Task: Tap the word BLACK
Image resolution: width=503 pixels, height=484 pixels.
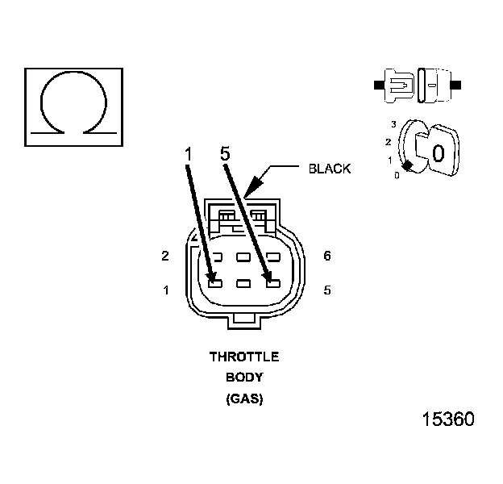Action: [x=330, y=169]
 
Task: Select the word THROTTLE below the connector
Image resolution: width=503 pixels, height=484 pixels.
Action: [x=244, y=357]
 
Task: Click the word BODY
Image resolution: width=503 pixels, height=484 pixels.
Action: [x=244, y=377]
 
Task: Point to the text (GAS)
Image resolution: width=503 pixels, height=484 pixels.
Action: [x=244, y=398]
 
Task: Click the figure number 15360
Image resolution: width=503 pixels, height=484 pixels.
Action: [x=448, y=420]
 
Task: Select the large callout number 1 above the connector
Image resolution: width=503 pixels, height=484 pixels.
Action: [x=187, y=154]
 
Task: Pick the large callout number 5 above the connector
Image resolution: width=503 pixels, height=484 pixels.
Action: [x=225, y=154]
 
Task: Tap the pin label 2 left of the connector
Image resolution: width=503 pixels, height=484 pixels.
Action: [x=165, y=257]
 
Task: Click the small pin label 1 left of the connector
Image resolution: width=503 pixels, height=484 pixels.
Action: [x=166, y=290]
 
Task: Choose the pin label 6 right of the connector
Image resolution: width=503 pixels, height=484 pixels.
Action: [x=327, y=257]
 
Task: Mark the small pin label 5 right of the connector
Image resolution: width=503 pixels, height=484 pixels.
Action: [x=327, y=290]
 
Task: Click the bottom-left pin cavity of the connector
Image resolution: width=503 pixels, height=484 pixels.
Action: [x=214, y=282]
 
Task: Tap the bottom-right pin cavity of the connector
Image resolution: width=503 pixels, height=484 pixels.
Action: [x=273, y=282]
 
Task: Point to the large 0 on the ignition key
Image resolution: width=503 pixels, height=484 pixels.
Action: [x=438, y=152]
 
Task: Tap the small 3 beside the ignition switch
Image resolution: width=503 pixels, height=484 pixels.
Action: [x=393, y=124]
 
